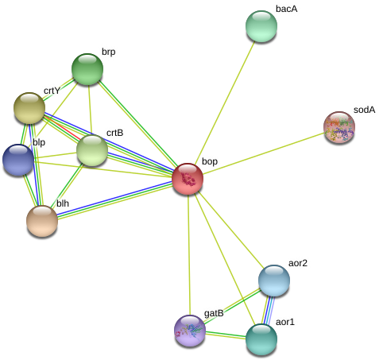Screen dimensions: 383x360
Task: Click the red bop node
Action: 188,179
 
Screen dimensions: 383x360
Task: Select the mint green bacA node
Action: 261,26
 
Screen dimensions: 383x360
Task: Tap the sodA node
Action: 339,127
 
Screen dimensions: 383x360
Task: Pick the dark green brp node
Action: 87,69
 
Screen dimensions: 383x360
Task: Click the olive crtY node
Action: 29,108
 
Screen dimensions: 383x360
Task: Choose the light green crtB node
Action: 92,150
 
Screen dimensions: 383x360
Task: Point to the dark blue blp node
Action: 18,160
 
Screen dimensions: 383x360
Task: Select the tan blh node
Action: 42,221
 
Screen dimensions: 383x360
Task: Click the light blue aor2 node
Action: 274,281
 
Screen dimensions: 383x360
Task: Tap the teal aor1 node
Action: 261,339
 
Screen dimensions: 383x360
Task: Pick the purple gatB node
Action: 190,331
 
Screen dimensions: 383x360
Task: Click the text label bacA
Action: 287,9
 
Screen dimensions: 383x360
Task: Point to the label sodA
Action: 365,110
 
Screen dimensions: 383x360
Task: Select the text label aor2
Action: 298,263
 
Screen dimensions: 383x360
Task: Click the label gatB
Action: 214,314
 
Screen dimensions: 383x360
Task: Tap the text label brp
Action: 109,52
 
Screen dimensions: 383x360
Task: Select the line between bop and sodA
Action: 264,153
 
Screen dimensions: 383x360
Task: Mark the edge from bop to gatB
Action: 189,255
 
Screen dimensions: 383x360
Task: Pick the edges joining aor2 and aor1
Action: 268,310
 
